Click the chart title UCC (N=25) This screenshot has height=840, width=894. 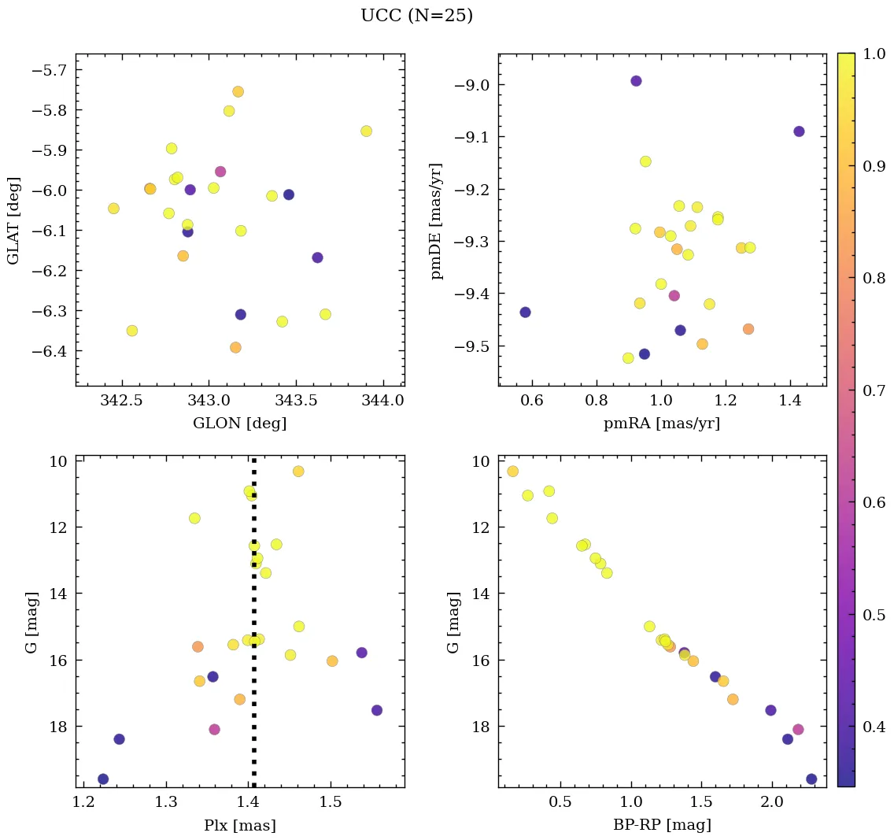pos(416,16)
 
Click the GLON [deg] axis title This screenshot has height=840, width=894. pos(240,424)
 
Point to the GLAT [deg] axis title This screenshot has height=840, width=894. pos(13,220)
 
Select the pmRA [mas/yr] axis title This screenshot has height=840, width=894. pos(662,424)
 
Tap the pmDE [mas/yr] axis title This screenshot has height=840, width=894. pos(436,221)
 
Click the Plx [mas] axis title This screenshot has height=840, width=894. pos(240,826)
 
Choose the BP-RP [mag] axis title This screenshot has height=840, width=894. pos(662,826)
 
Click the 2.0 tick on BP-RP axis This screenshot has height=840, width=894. pos(772,804)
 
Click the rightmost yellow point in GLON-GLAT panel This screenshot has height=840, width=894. pos(366,131)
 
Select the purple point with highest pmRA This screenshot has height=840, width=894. pos(799,131)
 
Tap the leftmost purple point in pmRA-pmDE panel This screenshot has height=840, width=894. pos(525,313)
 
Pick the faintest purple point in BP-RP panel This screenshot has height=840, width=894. pos(811,779)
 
